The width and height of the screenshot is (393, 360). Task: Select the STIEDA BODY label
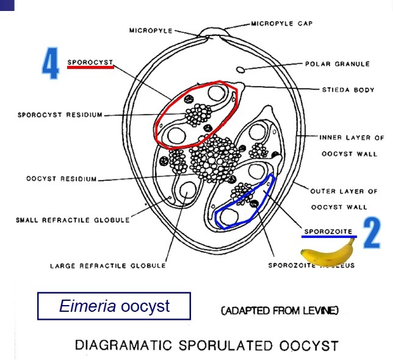click(x=348, y=90)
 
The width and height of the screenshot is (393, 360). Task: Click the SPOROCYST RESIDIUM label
click(x=60, y=114)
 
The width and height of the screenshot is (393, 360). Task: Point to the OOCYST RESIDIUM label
click(x=62, y=179)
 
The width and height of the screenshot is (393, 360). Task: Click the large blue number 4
click(x=50, y=65)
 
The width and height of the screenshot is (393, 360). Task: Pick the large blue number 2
click(x=372, y=235)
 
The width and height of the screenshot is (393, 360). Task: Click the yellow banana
click(x=328, y=253)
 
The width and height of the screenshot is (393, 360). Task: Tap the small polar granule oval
click(x=242, y=69)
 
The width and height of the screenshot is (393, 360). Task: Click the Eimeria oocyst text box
click(x=114, y=306)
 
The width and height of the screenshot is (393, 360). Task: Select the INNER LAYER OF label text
click(x=352, y=138)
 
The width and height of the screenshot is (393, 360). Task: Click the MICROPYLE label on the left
click(x=151, y=29)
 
